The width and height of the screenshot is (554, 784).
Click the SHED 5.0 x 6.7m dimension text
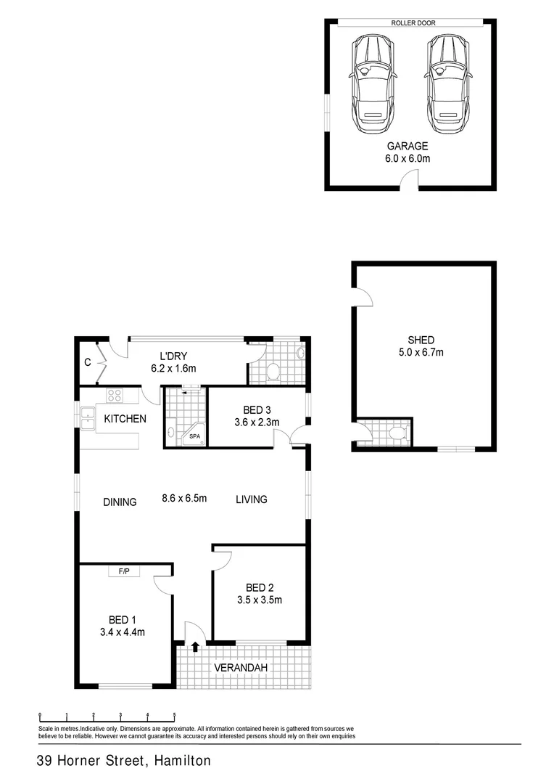[x=421, y=352]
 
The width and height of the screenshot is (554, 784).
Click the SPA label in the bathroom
[x=194, y=436]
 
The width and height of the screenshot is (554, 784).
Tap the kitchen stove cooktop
[x=115, y=396]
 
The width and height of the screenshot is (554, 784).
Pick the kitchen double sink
[x=87, y=420]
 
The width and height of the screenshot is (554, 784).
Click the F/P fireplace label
[x=123, y=572]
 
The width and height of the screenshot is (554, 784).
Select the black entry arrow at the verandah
[x=194, y=647]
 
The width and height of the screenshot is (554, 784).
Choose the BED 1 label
[x=123, y=619]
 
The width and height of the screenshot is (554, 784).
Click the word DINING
[x=120, y=502]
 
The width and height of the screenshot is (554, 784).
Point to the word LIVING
[x=251, y=499]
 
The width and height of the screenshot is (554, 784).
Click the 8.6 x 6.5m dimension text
[x=184, y=499]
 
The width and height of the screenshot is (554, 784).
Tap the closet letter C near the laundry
[x=87, y=361]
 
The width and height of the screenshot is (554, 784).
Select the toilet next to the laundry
[x=273, y=372]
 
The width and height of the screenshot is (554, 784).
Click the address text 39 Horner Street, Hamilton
[x=124, y=761]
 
